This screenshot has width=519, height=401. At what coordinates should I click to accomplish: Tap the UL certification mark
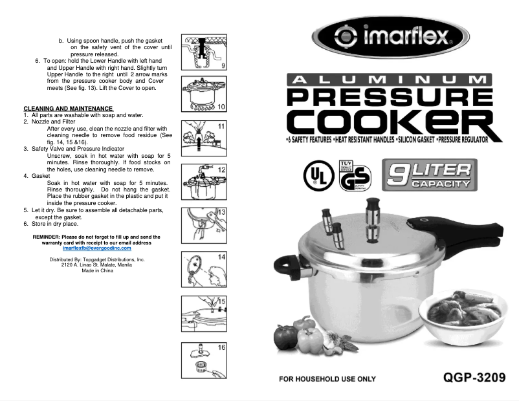[318, 175]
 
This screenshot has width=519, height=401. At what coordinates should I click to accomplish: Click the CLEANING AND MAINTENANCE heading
[68, 108]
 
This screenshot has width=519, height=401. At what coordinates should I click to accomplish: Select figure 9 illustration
[204, 52]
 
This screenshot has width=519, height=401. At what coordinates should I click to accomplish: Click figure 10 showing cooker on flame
[204, 94]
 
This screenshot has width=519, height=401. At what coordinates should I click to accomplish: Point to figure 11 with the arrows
[204, 136]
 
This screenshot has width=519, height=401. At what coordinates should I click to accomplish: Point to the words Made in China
[96, 270]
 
